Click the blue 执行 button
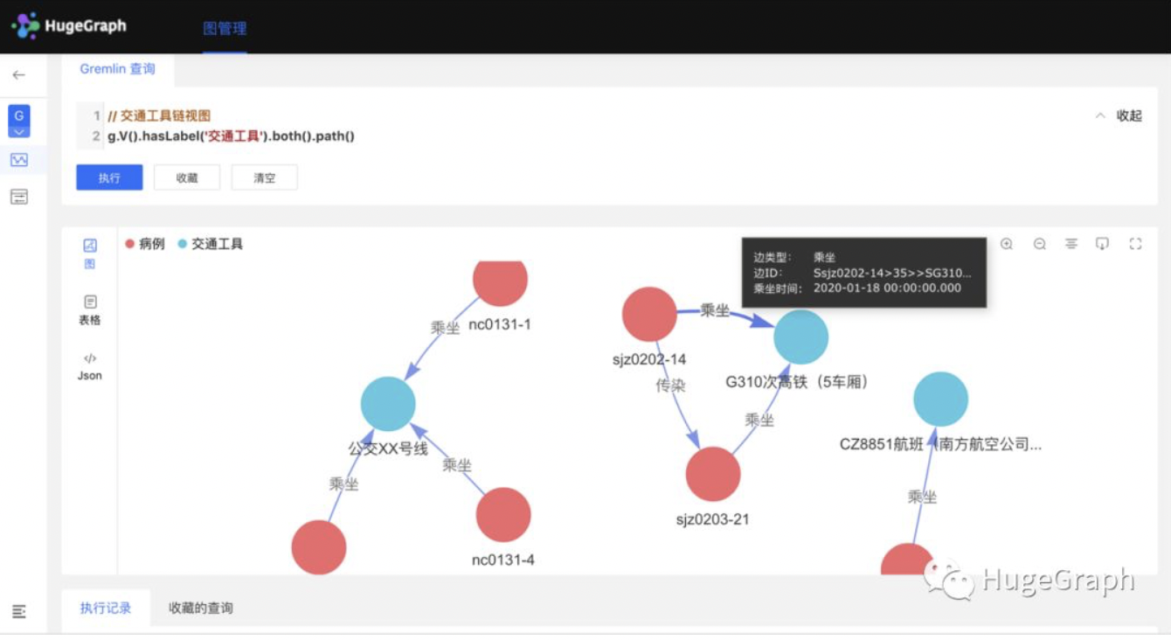click(x=109, y=177)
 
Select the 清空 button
click(x=264, y=177)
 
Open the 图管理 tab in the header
click(x=225, y=28)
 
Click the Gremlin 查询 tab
click(x=117, y=69)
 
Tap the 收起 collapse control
click(x=1119, y=115)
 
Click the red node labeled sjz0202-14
click(x=649, y=314)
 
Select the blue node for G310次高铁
click(x=800, y=337)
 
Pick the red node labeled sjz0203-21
click(x=713, y=474)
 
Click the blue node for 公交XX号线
click(x=388, y=404)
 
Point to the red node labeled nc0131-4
click(x=503, y=515)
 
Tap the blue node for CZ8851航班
click(x=940, y=399)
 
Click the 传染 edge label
click(x=670, y=385)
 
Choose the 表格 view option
click(x=90, y=310)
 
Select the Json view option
click(x=90, y=366)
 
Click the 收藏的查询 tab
click(x=201, y=608)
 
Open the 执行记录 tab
click(x=106, y=608)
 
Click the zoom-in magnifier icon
click(x=1007, y=244)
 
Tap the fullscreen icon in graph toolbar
click(x=1135, y=244)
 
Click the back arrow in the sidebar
click(x=18, y=75)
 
